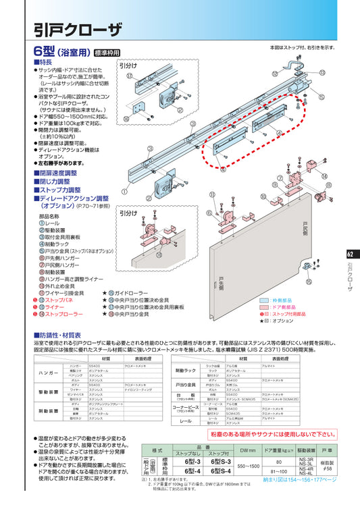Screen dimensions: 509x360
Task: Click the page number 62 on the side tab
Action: pyautogui.click(x=349, y=254)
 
